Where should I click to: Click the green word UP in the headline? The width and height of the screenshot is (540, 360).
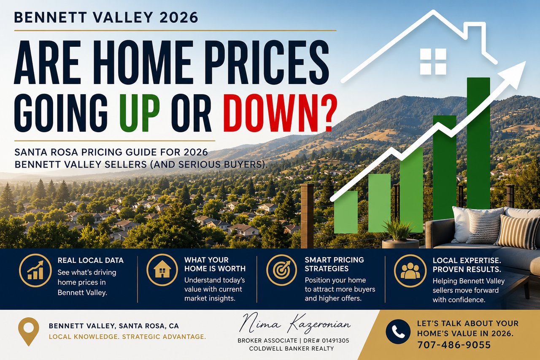[x=139, y=113]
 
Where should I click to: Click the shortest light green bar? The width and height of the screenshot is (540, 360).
[x=346, y=212]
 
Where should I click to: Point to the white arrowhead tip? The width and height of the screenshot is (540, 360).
[x=525, y=62]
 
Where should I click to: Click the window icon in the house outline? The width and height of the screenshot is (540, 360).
[x=433, y=61]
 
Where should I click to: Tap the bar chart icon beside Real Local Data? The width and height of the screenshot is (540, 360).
[x=35, y=270]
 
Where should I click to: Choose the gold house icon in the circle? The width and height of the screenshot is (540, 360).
[x=162, y=270]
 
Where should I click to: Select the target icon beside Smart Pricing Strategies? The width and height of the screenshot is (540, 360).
[x=281, y=270]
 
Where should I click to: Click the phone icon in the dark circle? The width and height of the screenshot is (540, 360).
[x=398, y=332]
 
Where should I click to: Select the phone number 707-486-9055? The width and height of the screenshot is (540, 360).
[x=454, y=345]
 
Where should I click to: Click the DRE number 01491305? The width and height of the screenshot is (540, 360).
[x=335, y=341]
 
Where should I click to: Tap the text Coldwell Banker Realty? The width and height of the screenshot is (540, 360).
[x=292, y=349]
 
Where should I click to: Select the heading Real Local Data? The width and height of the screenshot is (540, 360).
[x=90, y=260]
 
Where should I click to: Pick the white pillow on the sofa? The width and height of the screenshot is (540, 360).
[x=462, y=225]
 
